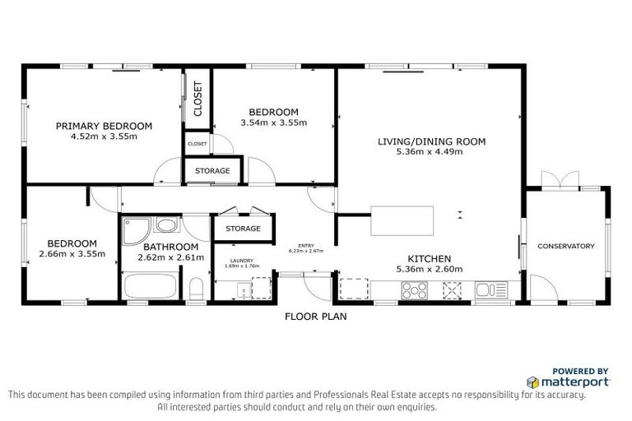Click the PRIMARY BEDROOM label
pos(104,126)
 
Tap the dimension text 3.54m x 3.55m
pos(273,123)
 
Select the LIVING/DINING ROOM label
pos(431,141)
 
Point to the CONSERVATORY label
pos(565,246)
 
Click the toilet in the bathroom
pos(196,290)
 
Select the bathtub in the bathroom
pos(149,289)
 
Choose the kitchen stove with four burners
pos(412,290)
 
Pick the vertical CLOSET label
pos(197,99)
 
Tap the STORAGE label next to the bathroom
pos(243,229)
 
